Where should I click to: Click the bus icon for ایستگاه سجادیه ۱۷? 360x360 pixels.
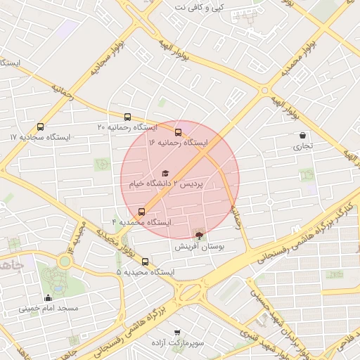[40, 127]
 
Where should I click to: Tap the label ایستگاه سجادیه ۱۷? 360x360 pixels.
[43, 137]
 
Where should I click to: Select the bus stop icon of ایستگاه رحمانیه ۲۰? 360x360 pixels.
[127, 117]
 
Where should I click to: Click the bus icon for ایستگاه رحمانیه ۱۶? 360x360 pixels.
[178, 132]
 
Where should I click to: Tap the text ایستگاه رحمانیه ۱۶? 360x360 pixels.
[178, 143]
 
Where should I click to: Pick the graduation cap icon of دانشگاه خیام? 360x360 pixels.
[165, 173]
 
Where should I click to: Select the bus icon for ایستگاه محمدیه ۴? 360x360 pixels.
[142, 212]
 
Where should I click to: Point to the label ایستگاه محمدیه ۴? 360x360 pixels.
[141, 222]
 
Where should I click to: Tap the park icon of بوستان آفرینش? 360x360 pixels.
[199, 236]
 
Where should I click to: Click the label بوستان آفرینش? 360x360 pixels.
[199, 247]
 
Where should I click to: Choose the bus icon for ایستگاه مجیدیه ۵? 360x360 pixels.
[146, 262]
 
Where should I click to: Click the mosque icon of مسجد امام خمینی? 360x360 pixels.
[48, 297]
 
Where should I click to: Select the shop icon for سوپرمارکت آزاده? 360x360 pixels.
[176, 332]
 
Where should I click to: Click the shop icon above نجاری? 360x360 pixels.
[302, 136]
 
